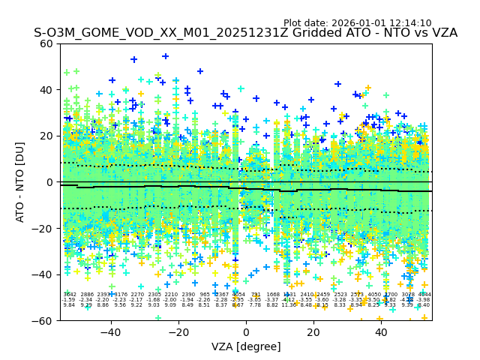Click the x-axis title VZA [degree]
pos(246,346)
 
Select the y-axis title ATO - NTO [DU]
pos(21,182)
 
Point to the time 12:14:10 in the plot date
pos(409,23)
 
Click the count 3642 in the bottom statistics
pos(69,295)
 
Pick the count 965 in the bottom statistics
pos(205,295)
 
